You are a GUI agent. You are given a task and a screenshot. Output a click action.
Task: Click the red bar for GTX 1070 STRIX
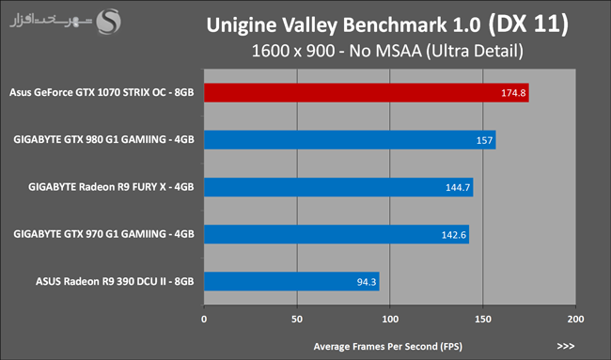(x=367, y=93)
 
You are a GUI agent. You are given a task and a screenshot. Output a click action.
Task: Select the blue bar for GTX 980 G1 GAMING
(x=350, y=140)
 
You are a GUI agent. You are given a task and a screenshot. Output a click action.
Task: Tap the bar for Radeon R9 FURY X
(x=338, y=187)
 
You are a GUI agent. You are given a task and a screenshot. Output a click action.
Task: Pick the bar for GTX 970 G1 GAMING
(x=337, y=234)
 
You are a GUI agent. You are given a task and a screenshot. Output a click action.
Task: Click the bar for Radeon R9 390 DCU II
(x=291, y=281)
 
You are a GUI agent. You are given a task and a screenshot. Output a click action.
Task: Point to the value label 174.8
(x=513, y=93)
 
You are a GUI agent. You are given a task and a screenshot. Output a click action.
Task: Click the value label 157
(x=484, y=140)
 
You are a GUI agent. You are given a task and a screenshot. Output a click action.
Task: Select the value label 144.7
(x=458, y=187)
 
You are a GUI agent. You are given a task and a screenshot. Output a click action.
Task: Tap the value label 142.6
(x=454, y=235)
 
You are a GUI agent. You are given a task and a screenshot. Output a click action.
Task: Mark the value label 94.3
(x=367, y=282)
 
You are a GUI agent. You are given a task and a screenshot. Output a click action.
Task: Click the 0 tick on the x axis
(x=204, y=319)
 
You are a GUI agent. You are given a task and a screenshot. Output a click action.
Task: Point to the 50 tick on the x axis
(x=297, y=319)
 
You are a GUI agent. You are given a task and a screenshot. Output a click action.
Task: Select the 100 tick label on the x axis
(x=390, y=319)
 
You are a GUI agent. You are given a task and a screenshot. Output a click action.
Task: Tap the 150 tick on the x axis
(x=483, y=319)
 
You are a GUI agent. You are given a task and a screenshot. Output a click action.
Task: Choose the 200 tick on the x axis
(x=575, y=319)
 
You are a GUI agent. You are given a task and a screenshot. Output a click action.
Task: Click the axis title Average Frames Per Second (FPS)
(x=387, y=346)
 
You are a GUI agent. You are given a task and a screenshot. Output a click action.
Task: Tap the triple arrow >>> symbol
(x=565, y=346)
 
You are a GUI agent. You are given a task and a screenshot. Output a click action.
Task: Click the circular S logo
(x=108, y=22)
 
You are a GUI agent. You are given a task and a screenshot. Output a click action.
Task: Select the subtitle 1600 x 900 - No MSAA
(x=337, y=51)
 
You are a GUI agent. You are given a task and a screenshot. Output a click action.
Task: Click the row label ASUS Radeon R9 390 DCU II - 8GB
(x=115, y=281)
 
